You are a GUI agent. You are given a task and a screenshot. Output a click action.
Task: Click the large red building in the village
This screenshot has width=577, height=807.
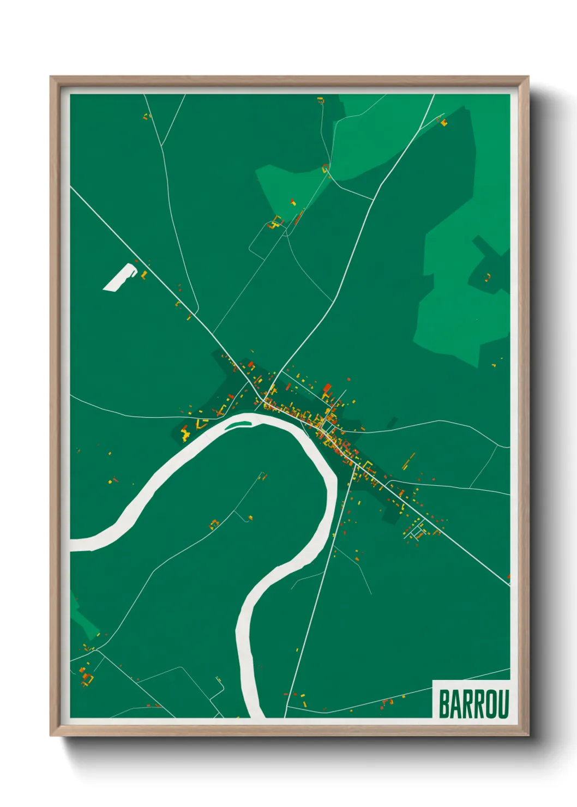pos(327,388)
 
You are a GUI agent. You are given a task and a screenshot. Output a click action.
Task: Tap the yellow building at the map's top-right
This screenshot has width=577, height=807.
pos(443,123)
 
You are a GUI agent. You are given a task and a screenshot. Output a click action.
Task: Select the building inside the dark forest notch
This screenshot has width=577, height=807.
pos(488,278)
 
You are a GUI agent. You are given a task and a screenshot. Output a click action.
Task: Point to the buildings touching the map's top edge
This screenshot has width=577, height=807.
pos(320,100)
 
